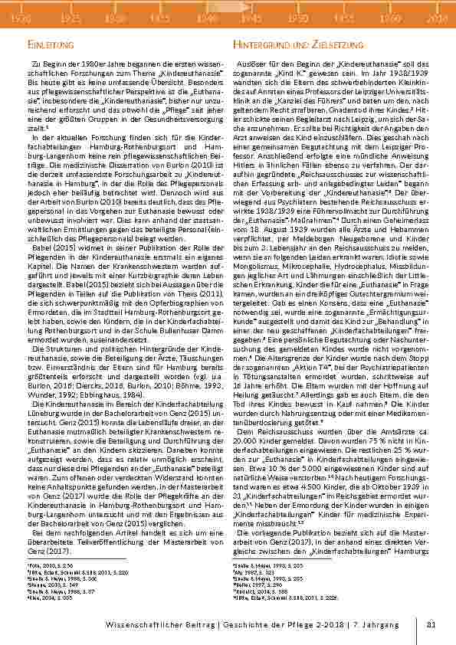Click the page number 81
(x=431, y=625)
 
